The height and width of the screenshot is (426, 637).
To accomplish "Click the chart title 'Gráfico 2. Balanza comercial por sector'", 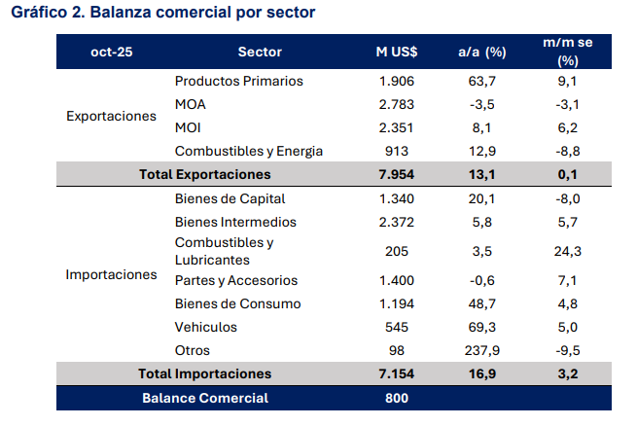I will click(x=162, y=13).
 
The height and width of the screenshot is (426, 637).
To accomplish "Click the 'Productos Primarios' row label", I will click(x=239, y=81).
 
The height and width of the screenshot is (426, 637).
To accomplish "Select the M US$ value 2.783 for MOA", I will click(x=397, y=104).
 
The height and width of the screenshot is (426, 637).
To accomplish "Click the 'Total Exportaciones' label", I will click(x=204, y=174).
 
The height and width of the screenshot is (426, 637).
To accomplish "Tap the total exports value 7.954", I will click(x=397, y=174).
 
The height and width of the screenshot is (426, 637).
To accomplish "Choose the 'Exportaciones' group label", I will click(x=111, y=116).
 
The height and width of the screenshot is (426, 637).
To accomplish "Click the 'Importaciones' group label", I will click(x=111, y=274).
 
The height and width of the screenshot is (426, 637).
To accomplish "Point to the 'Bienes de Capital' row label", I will click(x=230, y=198).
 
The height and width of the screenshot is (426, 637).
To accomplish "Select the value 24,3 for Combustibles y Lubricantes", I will click(x=568, y=251).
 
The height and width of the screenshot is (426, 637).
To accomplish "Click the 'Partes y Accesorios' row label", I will click(x=236, y=280).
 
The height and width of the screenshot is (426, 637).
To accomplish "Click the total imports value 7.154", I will click(x=397, y=373).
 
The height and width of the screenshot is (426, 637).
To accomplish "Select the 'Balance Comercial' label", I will click(x=205, y=398).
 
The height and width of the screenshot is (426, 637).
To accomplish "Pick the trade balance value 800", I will click(x=397, y=398).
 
